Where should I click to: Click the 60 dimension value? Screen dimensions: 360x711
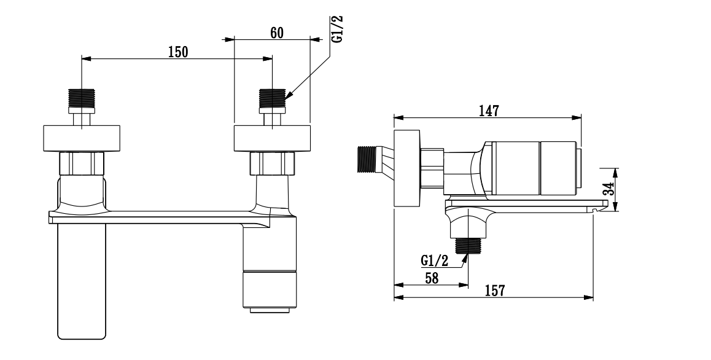pyautogui.click(x=276, y=33)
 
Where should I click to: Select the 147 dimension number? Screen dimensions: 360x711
pyautogui.click(x=489, y=111)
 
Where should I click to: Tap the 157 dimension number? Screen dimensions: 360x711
pyautogui.click(x=494, y=291)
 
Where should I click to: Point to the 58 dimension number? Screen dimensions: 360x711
pyautogui.click(x=432, y=278)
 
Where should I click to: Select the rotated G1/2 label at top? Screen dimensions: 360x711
pyautogui.click(x=336, y=28)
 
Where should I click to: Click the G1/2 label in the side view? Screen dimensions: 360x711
pyautogui.click(x=435, y=260)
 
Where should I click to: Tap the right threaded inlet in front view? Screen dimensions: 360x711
pyautogui.click(x=272, y=97)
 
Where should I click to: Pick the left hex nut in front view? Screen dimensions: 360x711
pyautogui.click(x=82, y=164)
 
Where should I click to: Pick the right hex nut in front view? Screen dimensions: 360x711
pyautogui.click(x=272, y=164)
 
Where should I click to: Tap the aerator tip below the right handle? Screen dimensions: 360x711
pyautogui.click(x=269, y=310)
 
